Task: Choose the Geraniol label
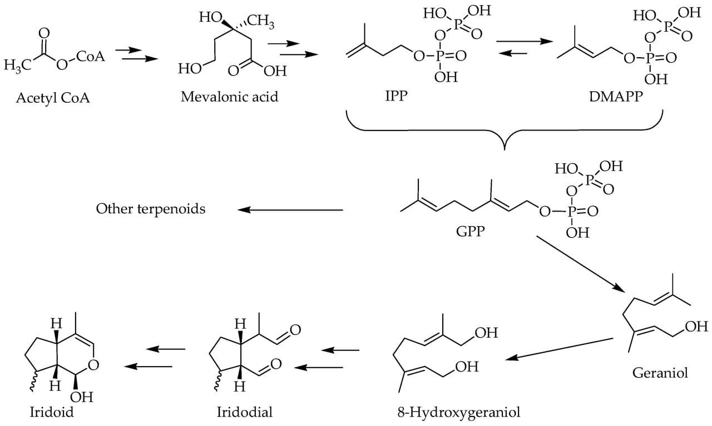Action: tap(660, 372)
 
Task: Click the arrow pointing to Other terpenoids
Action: tap(290, 210)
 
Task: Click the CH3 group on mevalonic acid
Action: tap(261, 23)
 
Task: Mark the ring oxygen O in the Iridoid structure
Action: tap(93, 365)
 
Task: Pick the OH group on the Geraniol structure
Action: tap(696, 327)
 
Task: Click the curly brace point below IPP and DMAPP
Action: tap(505, 149)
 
